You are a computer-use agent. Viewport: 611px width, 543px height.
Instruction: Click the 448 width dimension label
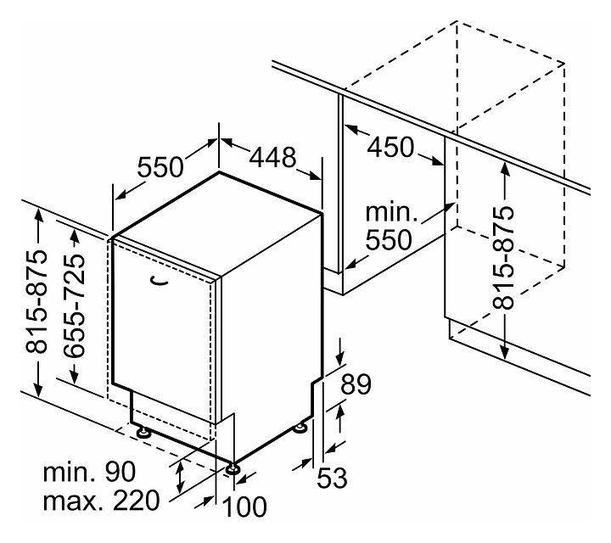pyautogui.click(x=272, y=157)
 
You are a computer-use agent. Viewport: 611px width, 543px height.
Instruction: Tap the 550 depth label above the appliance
pyautogui.click(x=161, y=167)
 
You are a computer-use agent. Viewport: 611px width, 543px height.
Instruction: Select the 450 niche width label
pyautogui.click(x=390, y=147)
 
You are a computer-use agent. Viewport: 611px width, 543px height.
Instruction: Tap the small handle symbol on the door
pyautogui.click(x=158, y=279)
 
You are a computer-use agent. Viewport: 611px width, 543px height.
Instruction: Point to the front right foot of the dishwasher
pyautogui.click(x=232, y=466)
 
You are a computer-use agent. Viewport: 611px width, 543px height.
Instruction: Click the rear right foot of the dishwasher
pyautogui.click(x=300, y=428)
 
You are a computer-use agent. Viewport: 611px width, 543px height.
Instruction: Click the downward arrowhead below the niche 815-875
pyautogui.click(x=505, y=350)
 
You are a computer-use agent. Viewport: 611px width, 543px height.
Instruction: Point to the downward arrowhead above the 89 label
pyautogui.click(x=339, y=356)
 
